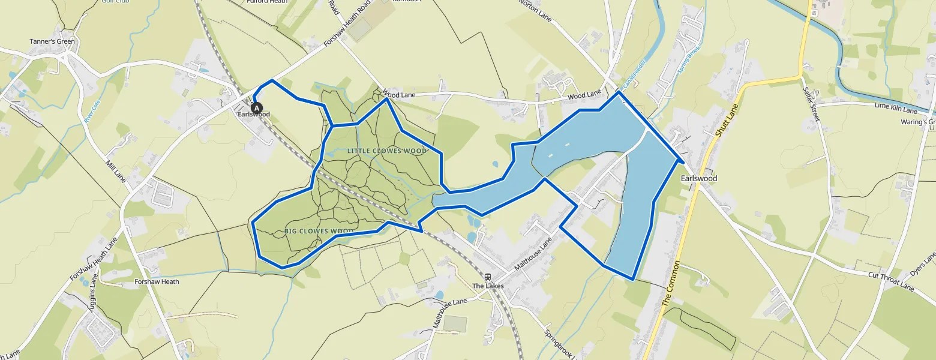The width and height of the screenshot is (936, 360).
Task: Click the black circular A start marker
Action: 257,109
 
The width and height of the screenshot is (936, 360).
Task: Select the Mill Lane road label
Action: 115,172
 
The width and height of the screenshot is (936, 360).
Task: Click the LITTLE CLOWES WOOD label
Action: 386,151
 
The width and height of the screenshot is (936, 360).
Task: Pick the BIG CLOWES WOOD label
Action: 319,231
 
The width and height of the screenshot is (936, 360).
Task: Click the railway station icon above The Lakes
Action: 488,277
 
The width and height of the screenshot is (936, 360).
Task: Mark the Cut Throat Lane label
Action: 891,281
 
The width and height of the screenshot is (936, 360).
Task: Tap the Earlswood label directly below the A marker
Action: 254,115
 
